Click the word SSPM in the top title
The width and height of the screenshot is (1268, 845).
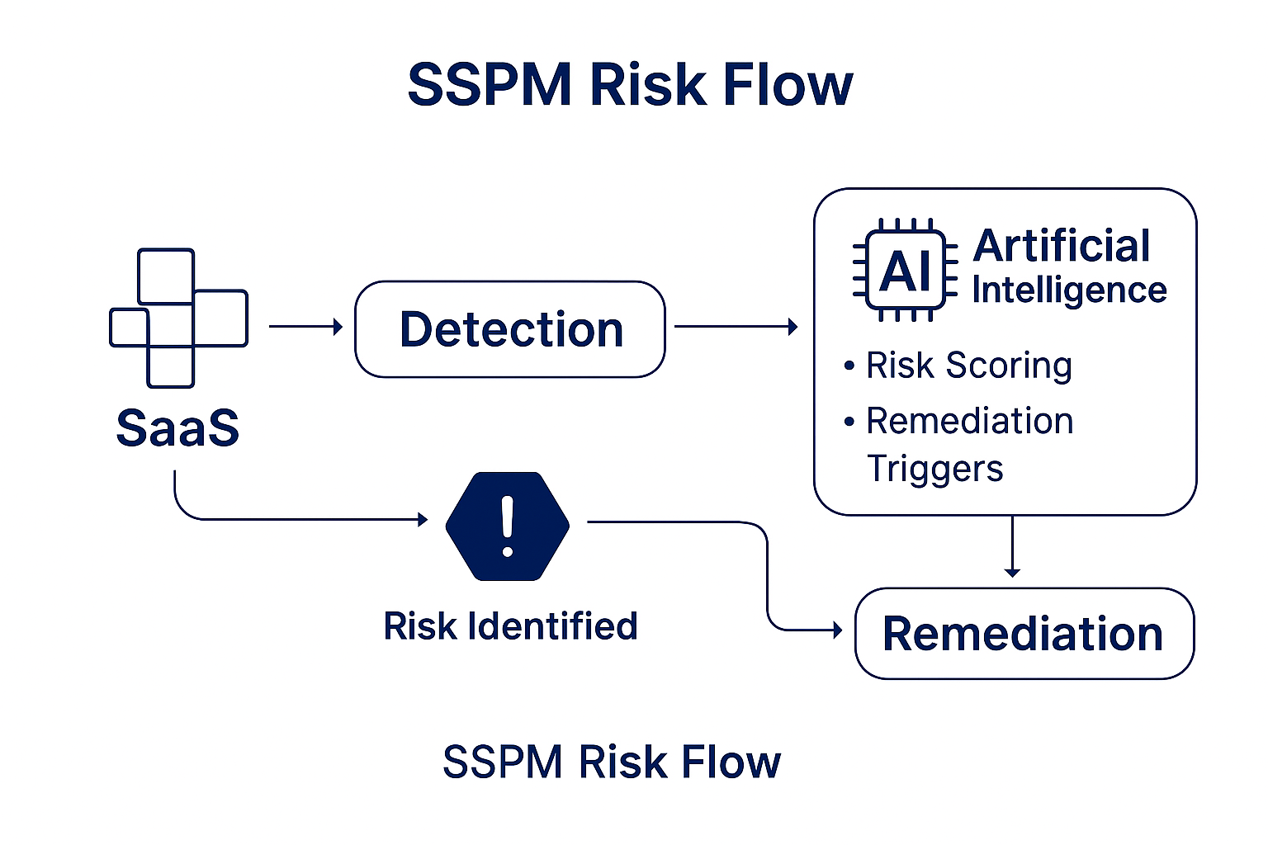(x=490, y=85)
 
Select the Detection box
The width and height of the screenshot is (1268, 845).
(x=510, y=328)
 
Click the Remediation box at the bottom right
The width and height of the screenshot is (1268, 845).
(x=1024, y=633)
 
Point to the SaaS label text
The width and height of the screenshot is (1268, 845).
(x=177, y=428)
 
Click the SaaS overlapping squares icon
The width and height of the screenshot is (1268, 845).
(x=179, y=318)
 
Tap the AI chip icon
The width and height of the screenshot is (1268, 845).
(x=905, y=270)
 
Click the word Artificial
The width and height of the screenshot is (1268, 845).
(x=1062, y=246)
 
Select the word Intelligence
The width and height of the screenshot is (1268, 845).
(x=1069, y=291)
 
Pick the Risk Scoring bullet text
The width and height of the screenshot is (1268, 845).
(x=969, y=366)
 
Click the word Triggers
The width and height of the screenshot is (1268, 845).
(x=934, y=469)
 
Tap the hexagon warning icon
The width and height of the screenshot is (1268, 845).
(x=507, y=526)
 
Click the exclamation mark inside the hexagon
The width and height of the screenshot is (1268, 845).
(x=507, y=526)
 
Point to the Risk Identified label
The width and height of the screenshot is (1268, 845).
(x=511, y=626)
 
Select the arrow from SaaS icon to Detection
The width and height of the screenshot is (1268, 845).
(x=305, y=327)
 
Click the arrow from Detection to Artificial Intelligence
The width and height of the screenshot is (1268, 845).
(x=736, y=327)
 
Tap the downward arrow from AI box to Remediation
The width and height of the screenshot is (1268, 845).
(x=1012, y=546)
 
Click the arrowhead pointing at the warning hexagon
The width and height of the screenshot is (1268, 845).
(x=423, y=519)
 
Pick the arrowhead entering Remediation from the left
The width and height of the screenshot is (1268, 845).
(x=838, y=630)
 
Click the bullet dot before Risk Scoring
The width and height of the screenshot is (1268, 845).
(x=849, y=366)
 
